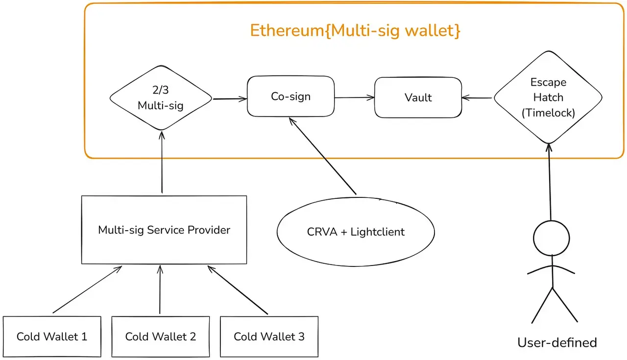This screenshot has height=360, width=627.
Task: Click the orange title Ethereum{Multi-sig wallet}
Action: click(355, 30)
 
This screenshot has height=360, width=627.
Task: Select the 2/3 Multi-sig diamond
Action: click(161, 98)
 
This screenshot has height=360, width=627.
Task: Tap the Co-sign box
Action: click(291, 96)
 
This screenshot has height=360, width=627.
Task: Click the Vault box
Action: click(418, 97)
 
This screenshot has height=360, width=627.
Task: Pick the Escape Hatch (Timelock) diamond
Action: click(548, 97)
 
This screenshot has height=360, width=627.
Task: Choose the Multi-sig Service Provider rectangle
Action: click(164, 230)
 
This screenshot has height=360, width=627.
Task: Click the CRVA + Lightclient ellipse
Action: click(356, 232)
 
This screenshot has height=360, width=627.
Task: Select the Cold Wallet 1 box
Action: click(52, 336)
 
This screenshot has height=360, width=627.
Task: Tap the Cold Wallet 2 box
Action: click(161, 336)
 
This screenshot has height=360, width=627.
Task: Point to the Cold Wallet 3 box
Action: click(269, 336)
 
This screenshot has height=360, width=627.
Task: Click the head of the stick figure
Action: click(552, 238)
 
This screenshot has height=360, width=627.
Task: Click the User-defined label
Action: click(557, 342)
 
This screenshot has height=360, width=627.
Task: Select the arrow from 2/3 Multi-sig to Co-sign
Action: click(230, 99)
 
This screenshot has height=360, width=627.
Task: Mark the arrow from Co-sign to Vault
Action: click(355, 97)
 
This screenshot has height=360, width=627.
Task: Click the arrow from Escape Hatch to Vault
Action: click(477, 98)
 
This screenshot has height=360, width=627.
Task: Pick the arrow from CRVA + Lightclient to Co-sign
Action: click(322, 156)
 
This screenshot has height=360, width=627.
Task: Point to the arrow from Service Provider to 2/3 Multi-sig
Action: click(162, 162)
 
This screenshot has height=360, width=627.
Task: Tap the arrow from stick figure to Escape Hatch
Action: click(550, 182)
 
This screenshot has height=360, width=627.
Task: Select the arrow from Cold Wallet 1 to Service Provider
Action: click(87, 289)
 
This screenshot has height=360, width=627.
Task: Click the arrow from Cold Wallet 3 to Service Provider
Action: click(238, 290)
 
